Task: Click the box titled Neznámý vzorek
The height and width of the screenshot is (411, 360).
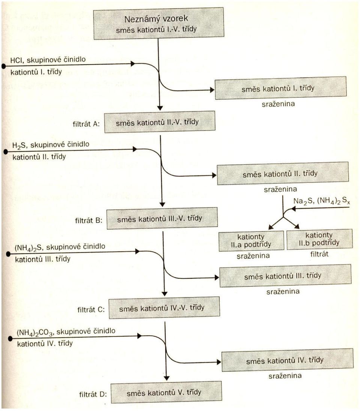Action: click(x=159, y=23)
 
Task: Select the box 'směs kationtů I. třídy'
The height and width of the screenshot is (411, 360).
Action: click(x=280, y=88)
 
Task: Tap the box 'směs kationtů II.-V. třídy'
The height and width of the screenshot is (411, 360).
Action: click(x=159, y=122)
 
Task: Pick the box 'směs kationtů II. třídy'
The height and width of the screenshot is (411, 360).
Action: click(x=283, y=173)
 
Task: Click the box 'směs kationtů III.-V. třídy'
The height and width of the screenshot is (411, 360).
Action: click(x=162, y=218)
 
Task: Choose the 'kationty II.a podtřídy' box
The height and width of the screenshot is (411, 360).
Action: click(x=251, y=241)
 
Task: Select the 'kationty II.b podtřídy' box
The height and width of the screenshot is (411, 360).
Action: click(x=319, y=239)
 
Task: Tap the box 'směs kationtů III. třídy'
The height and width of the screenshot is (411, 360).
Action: click(x=285, y=276)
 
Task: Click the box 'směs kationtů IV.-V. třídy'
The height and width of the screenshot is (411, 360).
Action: click(x=164, y=308)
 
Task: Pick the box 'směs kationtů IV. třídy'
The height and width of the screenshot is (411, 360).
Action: click(x=287, y=360)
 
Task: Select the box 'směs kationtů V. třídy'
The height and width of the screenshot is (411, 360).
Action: click(x=166, y=392)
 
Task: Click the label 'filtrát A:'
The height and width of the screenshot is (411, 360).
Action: click(x=86, y=124)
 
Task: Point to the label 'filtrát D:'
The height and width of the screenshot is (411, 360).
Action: click(x=93, y=394)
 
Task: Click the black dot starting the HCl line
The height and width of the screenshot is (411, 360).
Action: click(x=3, y=66)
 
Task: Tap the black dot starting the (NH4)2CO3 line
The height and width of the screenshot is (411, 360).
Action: click(x=10, y=339)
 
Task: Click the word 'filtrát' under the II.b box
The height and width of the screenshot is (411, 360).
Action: click(x=319, y=254)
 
